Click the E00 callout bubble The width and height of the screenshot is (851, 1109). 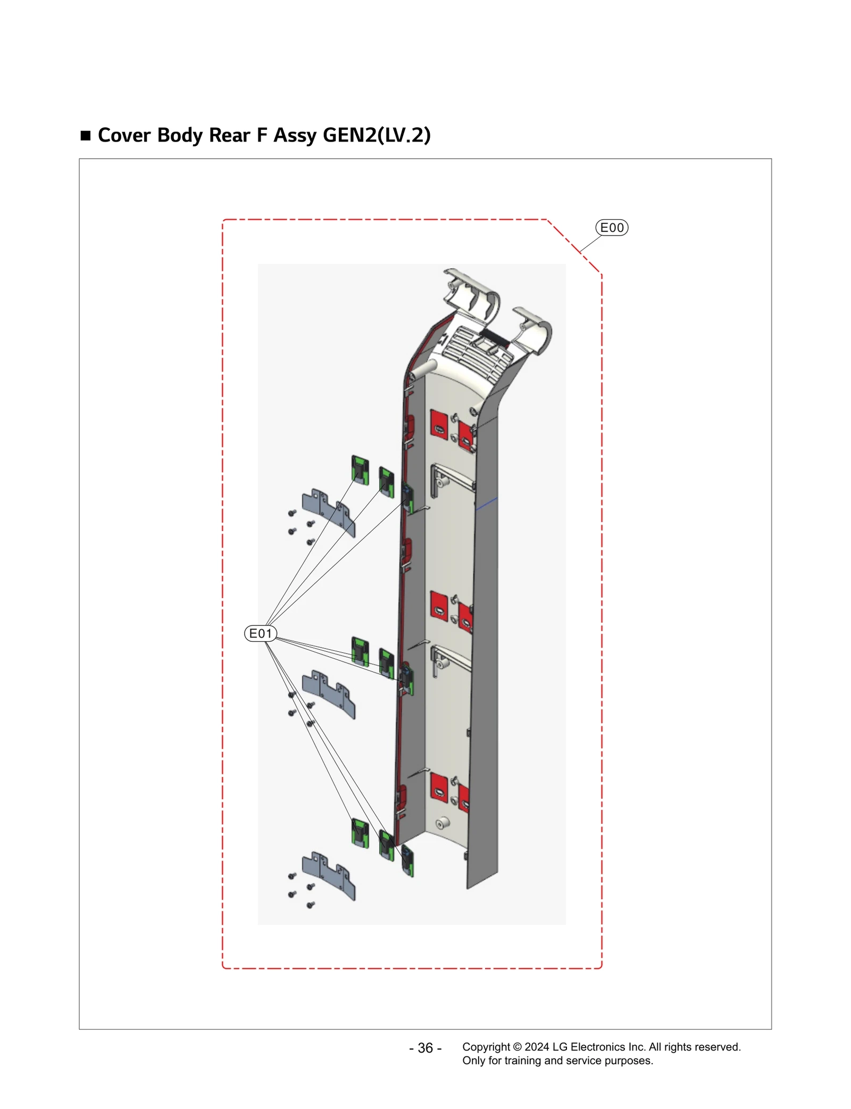click(x=612, y=228)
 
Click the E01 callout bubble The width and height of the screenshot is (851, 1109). click(x=261, y=633)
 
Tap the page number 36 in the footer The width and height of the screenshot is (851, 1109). click(x=425, y=1048)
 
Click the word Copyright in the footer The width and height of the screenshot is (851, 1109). click(x=486, y=1047)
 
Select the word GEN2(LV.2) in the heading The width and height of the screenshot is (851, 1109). click(x=377, y=135)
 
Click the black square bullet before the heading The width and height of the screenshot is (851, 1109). click(x=86, y=135)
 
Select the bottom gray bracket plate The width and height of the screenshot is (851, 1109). click(x=328, y=875)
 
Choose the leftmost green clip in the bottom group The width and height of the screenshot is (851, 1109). click(x=360, y=833)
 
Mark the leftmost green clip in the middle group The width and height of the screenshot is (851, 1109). click(x=360, y=651)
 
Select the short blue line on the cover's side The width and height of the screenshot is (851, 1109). click(x=487, y=503)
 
